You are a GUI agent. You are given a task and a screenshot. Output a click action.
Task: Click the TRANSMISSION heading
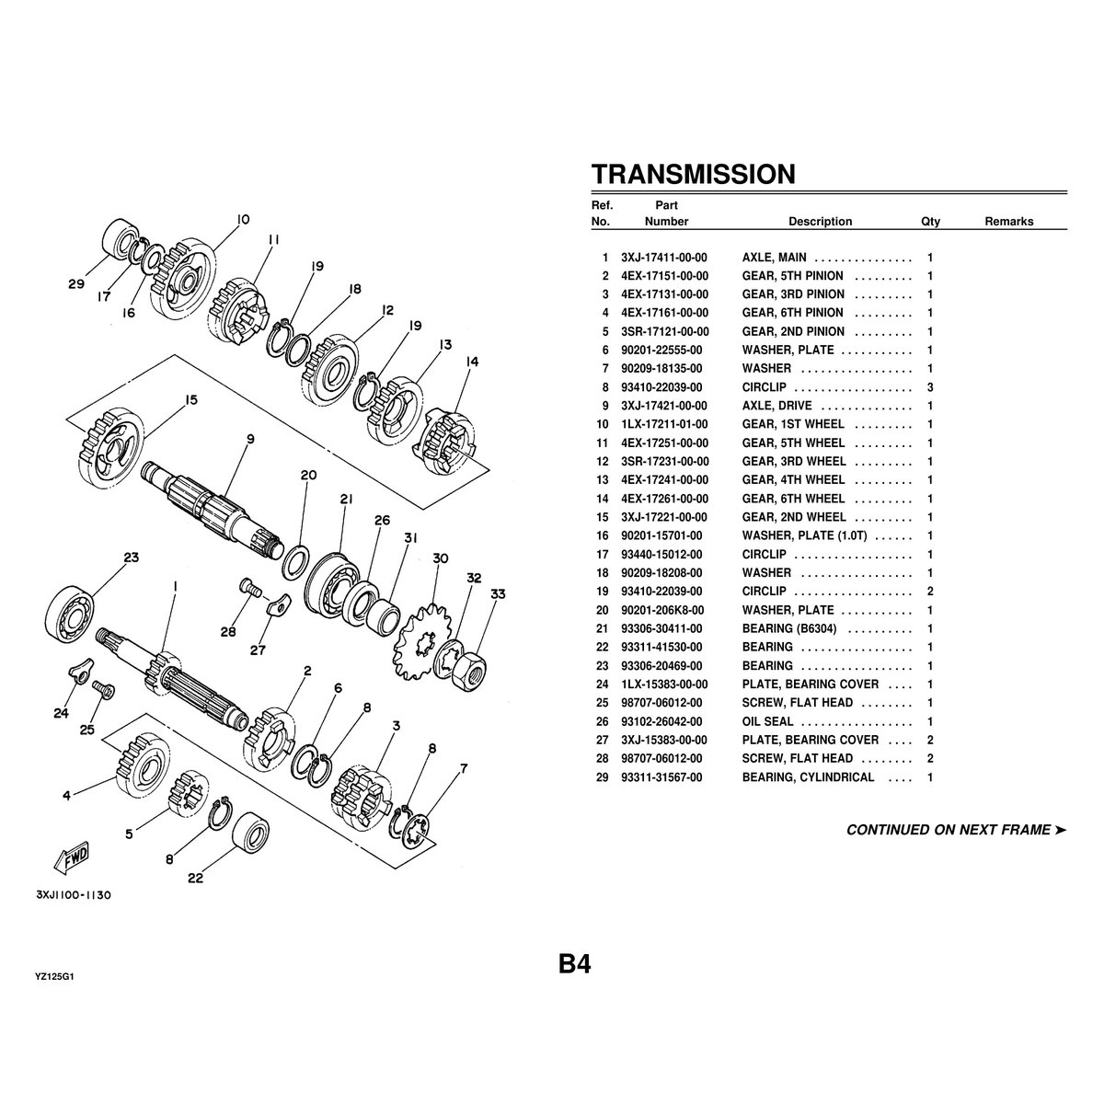click(x=694, y=174)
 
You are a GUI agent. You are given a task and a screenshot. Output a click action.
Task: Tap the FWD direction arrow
click(x=71, y=857)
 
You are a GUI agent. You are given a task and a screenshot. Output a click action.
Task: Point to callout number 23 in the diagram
click(x=132, y=558)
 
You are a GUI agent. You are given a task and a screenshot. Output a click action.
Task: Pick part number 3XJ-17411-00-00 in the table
click(x=664, y=258)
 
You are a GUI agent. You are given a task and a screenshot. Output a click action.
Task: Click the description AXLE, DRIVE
click(x=776, y=406)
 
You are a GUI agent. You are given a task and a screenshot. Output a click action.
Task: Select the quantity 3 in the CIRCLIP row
click(x=930, y=387)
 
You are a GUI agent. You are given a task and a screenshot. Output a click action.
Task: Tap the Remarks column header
click(x=1009, y=222)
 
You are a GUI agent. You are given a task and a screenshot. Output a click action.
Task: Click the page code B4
click(x=575, y=964)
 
